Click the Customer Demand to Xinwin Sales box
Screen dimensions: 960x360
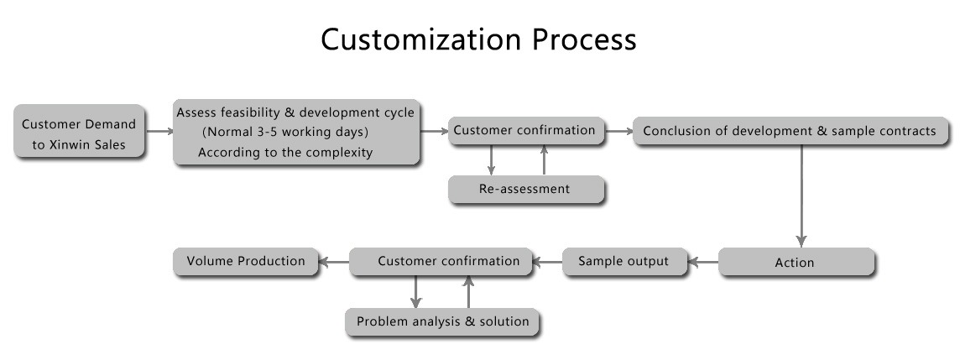(80, 132)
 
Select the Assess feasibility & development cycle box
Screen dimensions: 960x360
(296, 133)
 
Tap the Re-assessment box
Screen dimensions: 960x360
(526, 190)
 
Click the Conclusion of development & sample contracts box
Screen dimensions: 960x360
(790, 132)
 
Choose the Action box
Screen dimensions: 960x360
(796, 263)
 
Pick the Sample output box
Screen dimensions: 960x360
(624, 262)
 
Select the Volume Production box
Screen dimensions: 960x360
(246, 262)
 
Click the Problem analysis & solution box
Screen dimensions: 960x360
(442, 322)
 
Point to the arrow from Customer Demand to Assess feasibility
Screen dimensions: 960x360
(159, 131)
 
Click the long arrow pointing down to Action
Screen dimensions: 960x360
(801, 196)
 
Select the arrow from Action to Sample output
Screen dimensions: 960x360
(703, 263)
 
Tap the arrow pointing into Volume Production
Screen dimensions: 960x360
(334, 263)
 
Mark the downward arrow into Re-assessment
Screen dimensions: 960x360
(491, 160)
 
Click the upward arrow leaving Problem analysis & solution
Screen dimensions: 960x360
(468, 292)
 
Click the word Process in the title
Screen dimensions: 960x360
(584, 39)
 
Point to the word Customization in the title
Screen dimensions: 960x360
(420, 39)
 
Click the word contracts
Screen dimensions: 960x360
(907, 131)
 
